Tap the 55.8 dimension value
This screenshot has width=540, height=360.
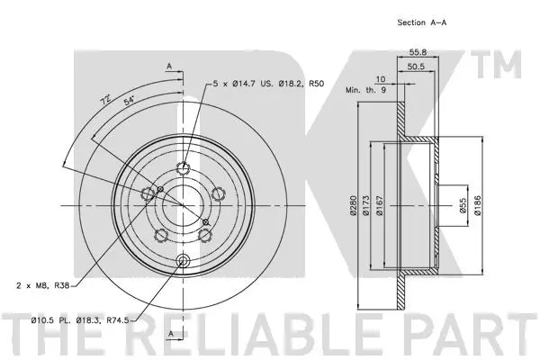click(x=416, y=52)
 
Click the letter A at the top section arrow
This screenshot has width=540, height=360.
click(x=167, y=65)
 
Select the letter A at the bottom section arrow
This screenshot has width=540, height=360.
click(x=167, y=333)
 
